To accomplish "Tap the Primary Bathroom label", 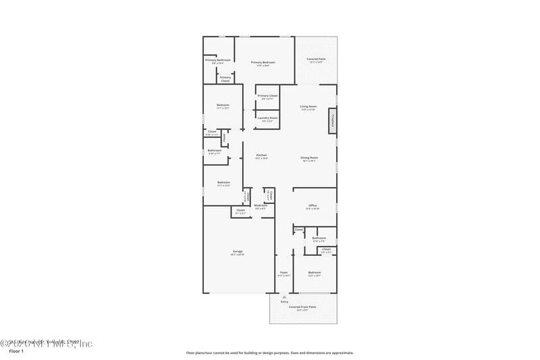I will click(x=219, y=60).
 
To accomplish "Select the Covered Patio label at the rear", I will click(x=316, y=59).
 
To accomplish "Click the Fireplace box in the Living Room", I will click(x=332, y=122).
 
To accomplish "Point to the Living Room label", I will click(x=308, y=106).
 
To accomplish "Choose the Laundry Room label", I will click(x=267, y=118).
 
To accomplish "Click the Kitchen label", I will click(x=261, y=156).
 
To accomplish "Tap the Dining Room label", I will click(x=309, y=157).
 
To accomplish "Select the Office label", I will click(x=313, y=205).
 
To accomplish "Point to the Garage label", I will click(x=237, y=251).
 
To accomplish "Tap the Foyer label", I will click(x=284, y=272).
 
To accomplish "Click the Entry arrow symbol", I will click(x=284, y=297).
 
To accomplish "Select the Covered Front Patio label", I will click(x=302, y=307).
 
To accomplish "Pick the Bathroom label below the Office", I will click(x=319, y=238).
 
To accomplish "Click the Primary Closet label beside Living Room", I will click(x=267, y=96).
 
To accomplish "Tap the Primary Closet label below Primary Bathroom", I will click(x=225, y=78).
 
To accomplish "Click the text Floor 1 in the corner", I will click(x=16, y=352).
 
